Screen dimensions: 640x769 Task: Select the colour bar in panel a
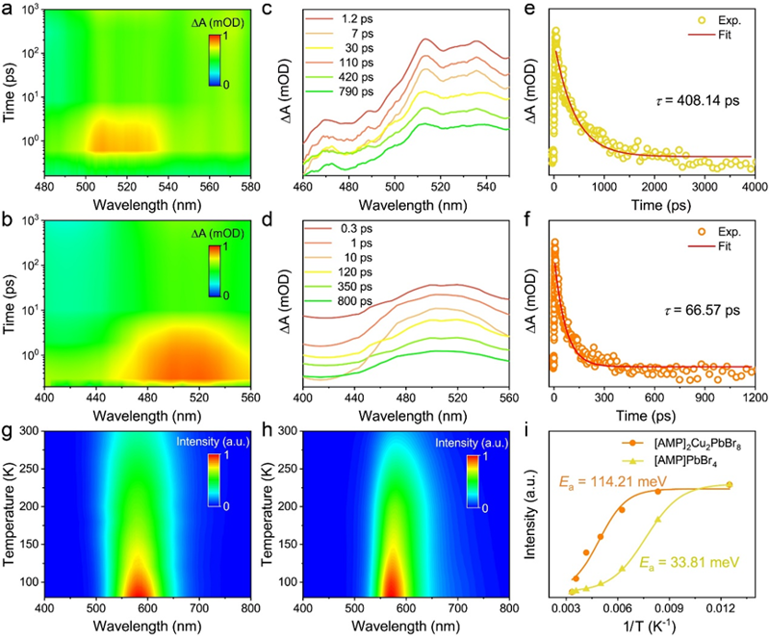coord(214,69)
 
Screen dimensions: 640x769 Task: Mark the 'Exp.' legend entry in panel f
coord(716,229)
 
